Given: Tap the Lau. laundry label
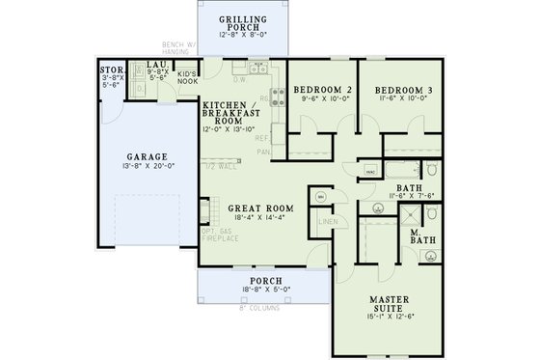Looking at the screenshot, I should coord(154,64).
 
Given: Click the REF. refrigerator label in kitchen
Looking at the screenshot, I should coord(262,138).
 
